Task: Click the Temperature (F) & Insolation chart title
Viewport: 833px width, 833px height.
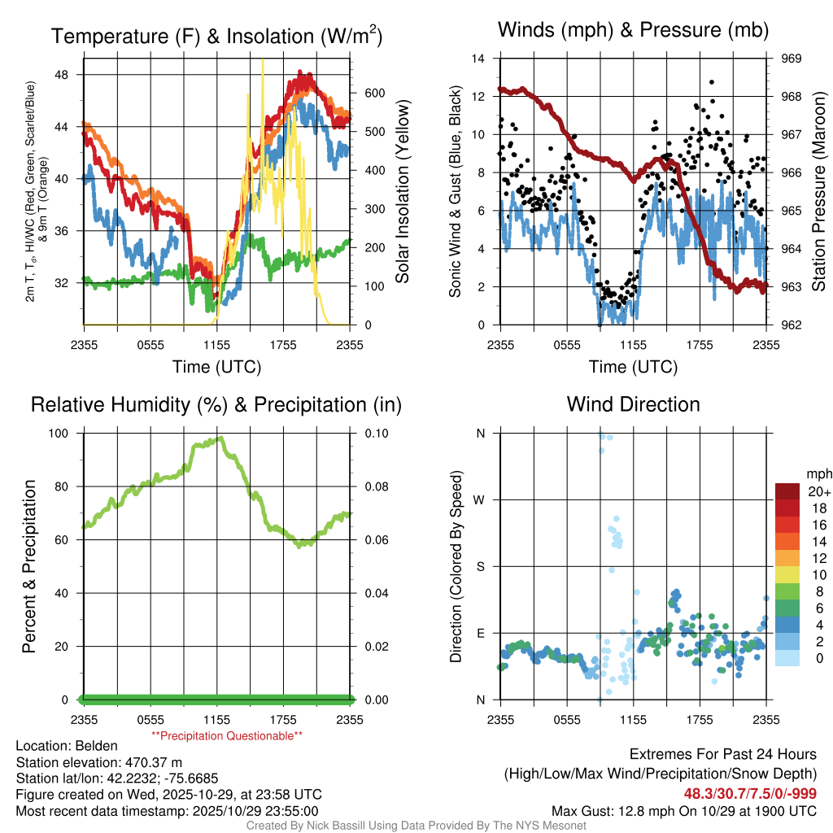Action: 216,37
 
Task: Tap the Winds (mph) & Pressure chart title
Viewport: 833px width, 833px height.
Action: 633,31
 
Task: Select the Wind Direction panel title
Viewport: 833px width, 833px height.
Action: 633,404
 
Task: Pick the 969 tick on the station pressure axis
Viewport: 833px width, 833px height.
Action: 792,59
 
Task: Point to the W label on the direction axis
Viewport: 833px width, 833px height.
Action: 480,500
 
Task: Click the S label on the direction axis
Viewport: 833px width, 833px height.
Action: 481,567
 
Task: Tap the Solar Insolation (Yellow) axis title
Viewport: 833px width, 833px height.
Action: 402,192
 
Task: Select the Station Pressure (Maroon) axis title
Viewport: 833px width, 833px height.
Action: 819,192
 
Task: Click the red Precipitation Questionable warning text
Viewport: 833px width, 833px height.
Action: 227,736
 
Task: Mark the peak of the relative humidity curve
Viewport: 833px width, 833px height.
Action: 219,438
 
